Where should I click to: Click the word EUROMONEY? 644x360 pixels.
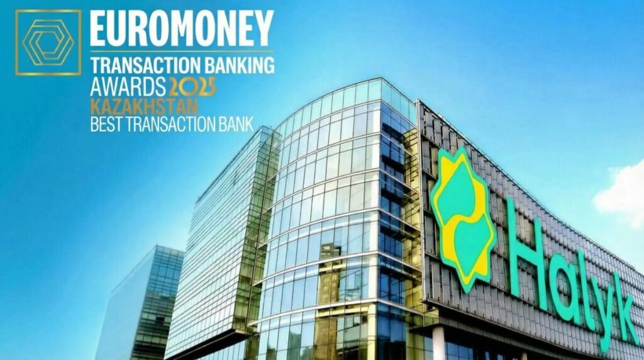pos(182,28)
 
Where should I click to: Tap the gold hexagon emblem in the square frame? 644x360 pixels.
pos(48,42)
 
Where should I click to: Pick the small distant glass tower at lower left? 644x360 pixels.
pos(141,302)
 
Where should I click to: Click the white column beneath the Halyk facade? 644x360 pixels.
pos(438,343)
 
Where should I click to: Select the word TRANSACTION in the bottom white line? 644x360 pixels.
pos(169,122)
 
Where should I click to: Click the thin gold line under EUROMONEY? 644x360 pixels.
pos(182,50)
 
